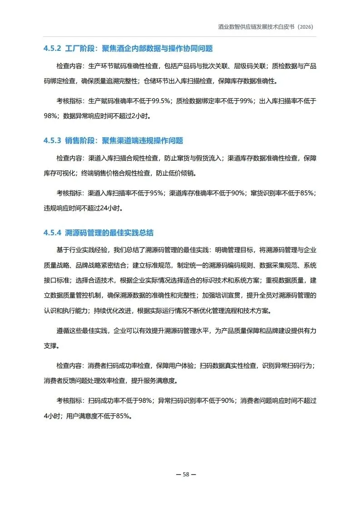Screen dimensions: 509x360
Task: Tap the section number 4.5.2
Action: [x=52, y=49]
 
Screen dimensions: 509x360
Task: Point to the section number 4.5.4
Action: [x=52, y=233]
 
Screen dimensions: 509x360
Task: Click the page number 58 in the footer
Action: [x=186, y=475]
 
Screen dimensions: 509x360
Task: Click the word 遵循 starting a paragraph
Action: [x=63, y=331]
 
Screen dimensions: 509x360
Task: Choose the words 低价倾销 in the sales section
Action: [x=182, y=173]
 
